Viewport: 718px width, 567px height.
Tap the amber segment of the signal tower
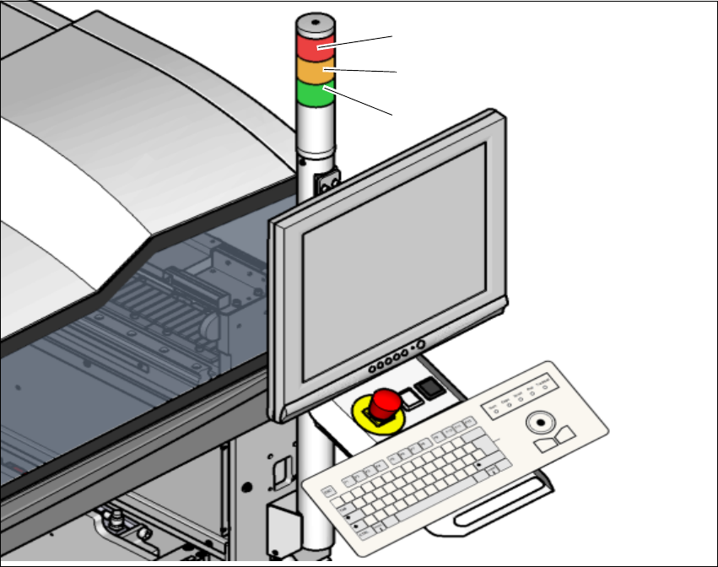[x=316, y=73]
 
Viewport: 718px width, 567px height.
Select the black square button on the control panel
[x=431, y=388]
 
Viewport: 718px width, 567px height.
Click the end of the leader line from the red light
[x=392, y=36]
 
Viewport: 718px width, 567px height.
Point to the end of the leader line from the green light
[x=393, y=114]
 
